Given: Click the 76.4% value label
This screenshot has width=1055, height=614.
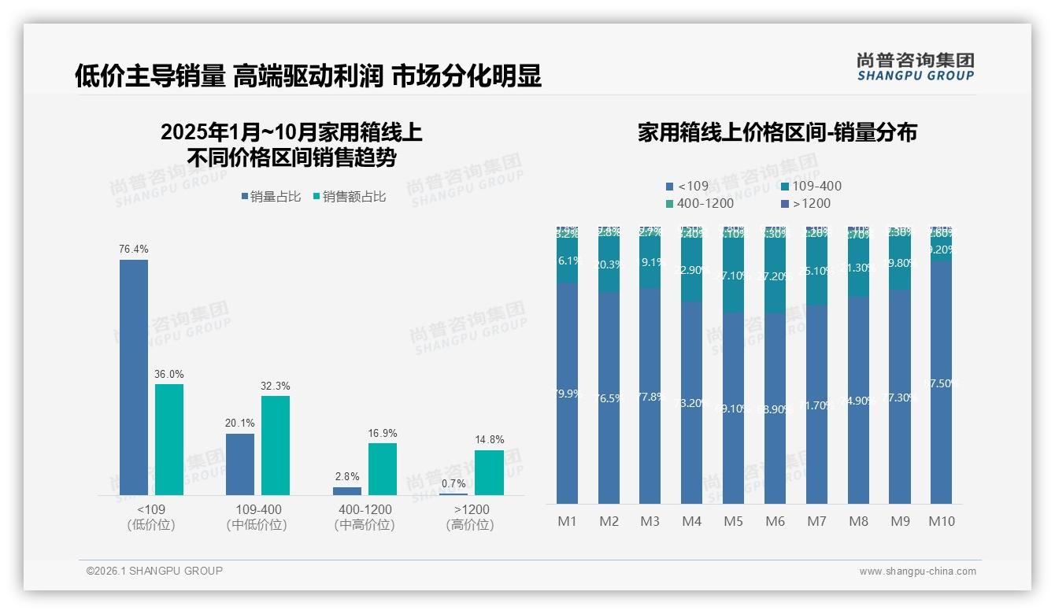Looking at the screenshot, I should point(134,249).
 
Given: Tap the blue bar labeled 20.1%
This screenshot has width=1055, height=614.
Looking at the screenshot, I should point(240,464).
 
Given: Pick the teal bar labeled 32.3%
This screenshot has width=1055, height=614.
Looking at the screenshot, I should point(276,445).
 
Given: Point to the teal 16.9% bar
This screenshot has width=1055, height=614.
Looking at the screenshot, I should point(383,469).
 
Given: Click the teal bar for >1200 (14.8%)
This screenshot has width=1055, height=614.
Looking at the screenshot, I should point(489,472).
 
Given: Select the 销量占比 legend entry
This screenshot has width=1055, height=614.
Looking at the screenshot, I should point(272,197).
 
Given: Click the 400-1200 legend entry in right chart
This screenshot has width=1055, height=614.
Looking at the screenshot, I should point(700,203).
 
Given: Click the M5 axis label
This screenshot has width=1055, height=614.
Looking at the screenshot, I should point(733,521).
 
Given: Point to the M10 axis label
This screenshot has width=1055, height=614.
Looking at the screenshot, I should point(942,521).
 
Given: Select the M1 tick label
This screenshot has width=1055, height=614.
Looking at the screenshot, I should point(567,521).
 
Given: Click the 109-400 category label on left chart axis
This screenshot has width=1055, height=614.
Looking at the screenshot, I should point(258,510).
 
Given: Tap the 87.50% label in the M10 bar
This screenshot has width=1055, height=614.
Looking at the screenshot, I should point(942,383).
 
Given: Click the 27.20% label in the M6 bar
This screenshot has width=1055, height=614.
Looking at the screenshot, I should point(776,277).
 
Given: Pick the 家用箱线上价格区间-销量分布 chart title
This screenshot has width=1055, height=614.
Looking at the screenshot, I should point(777,132).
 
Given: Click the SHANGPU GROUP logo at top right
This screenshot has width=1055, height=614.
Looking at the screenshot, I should point(915,67).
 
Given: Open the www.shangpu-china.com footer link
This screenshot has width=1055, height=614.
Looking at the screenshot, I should point(917,571).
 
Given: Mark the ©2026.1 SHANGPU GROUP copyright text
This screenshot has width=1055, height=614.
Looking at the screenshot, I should point(154,571).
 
